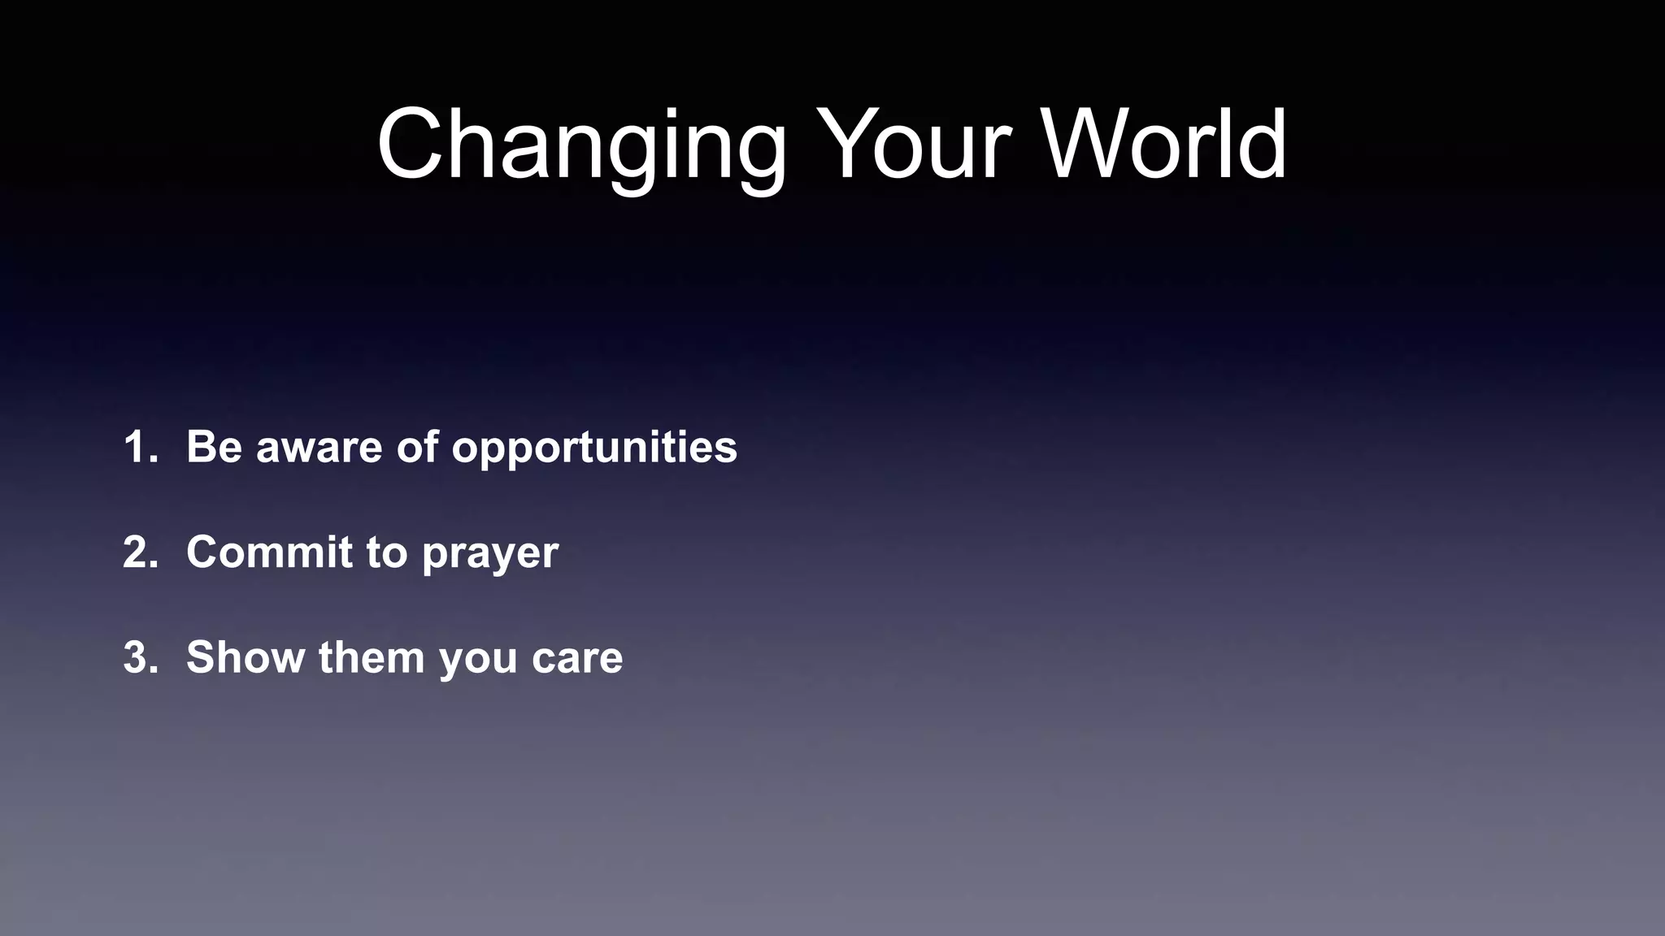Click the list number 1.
coord(138,447)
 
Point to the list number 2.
coord(138,552)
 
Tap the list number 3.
coord(138,657)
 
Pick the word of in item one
coord(418,447)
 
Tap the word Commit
coord(268,552)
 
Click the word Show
coord(245,657)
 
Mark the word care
coord(577,659)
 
